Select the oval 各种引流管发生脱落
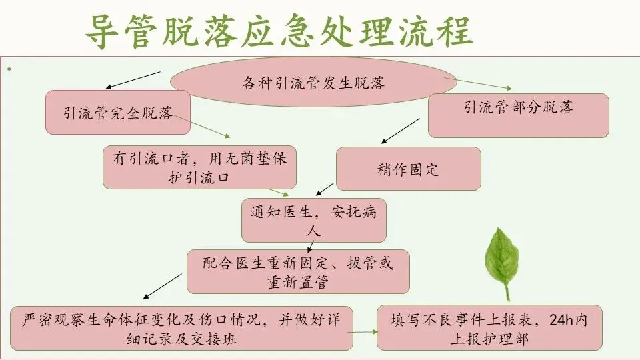(x=313, y=83)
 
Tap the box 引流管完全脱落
(x=118, y=113)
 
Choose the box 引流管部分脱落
(x=518, y=107)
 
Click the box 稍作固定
(x=408, y=169)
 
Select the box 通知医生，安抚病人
(x=313, y=221)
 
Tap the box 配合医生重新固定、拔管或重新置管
(x=297, y=271)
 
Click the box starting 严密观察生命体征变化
(x=182, y=328)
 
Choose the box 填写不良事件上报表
(x=489, y=328)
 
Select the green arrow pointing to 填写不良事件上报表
(x=365, y=331)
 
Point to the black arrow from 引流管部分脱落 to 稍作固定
(x=400, y=131)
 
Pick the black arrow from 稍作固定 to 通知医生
(x=325, y=188)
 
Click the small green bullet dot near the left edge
(x=9, y=69)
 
